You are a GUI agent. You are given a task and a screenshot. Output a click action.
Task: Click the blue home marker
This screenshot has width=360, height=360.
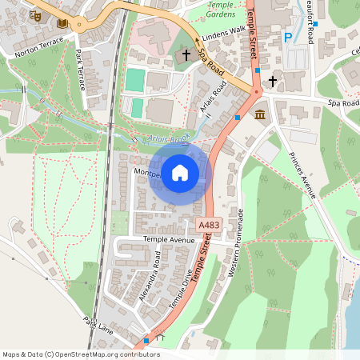click(180, 172)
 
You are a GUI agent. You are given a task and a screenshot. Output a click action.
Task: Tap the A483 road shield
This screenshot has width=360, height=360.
click(208, 226)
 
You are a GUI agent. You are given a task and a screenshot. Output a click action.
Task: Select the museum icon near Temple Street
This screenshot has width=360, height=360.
click(260, 116)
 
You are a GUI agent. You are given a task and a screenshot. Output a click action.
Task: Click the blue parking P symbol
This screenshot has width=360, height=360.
click(288, 37)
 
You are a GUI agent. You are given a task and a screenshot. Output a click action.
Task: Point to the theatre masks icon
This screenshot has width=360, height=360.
click(34, 14)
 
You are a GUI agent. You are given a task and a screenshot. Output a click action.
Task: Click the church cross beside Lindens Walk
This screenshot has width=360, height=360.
click(186, 55)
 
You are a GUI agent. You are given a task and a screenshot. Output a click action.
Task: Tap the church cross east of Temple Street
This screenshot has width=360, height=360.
click(272, 81)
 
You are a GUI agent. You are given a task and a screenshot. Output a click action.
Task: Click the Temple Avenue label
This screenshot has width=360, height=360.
click(169, 239)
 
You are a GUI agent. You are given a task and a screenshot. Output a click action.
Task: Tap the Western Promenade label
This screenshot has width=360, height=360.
click(237, 243)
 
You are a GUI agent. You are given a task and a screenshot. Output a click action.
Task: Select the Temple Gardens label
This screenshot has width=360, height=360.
click(221, 10)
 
